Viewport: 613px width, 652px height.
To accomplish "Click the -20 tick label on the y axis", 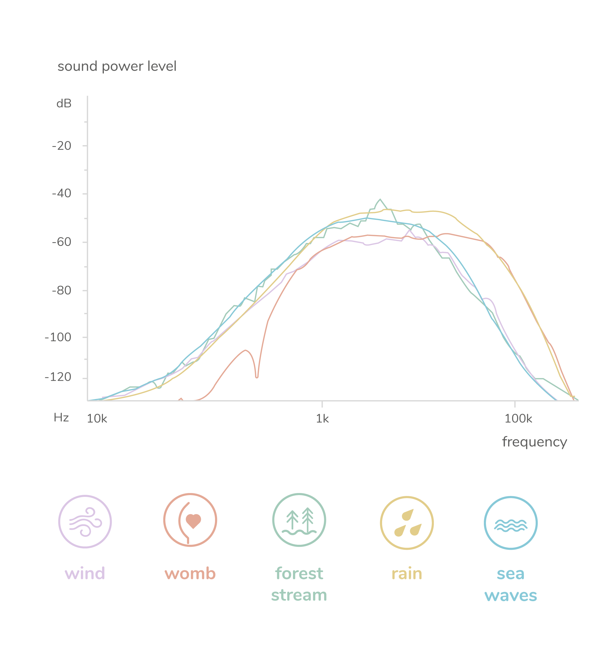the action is pos(62,146).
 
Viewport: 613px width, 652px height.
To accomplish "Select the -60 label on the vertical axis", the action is pos(62,242).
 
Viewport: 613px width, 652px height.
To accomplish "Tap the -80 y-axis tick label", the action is pos(62,290).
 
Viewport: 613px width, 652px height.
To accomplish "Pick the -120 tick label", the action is pos(58,377).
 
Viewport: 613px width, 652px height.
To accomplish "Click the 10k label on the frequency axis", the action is pos(97,419).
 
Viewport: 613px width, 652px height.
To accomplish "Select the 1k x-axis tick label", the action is pos(322,419).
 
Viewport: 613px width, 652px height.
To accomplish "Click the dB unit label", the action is pos(64,104).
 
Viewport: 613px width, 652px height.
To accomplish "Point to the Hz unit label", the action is pos(61,418).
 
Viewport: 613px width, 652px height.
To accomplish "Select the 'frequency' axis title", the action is pos(534,442).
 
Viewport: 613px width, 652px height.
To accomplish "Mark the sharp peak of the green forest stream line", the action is pos(380,199).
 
